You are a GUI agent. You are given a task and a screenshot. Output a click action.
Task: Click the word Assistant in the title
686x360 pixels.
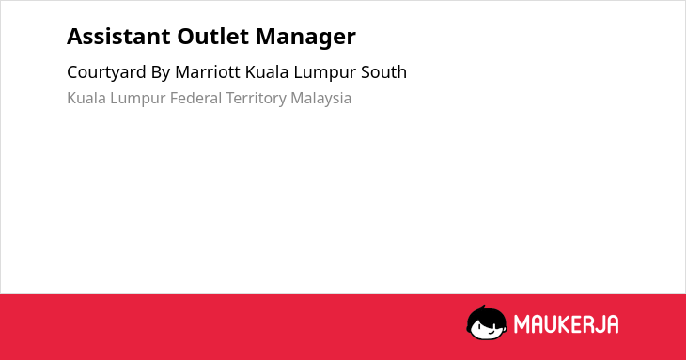(x=118, y=37)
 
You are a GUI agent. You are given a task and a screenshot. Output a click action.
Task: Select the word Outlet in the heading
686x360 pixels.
(x=213, y=37)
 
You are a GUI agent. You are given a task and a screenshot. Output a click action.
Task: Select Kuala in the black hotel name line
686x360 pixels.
(x=267, y=72)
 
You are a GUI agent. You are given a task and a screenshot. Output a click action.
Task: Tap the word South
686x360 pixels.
(x=383, y=72)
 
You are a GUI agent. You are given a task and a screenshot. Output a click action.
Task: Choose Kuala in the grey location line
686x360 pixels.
(x=86, y=98)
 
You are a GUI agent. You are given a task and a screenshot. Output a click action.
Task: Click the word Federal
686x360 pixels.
(x=195, y=98)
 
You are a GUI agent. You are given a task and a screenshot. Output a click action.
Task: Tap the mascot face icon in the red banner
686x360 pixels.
(x=487, y=323)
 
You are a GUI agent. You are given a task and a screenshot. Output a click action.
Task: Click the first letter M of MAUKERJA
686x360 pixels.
(x=521, y=324)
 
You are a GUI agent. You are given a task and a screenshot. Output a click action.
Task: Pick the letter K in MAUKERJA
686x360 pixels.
(x=563, y=324)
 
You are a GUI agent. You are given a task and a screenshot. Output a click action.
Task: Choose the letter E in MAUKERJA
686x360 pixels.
(x=574, y=324)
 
